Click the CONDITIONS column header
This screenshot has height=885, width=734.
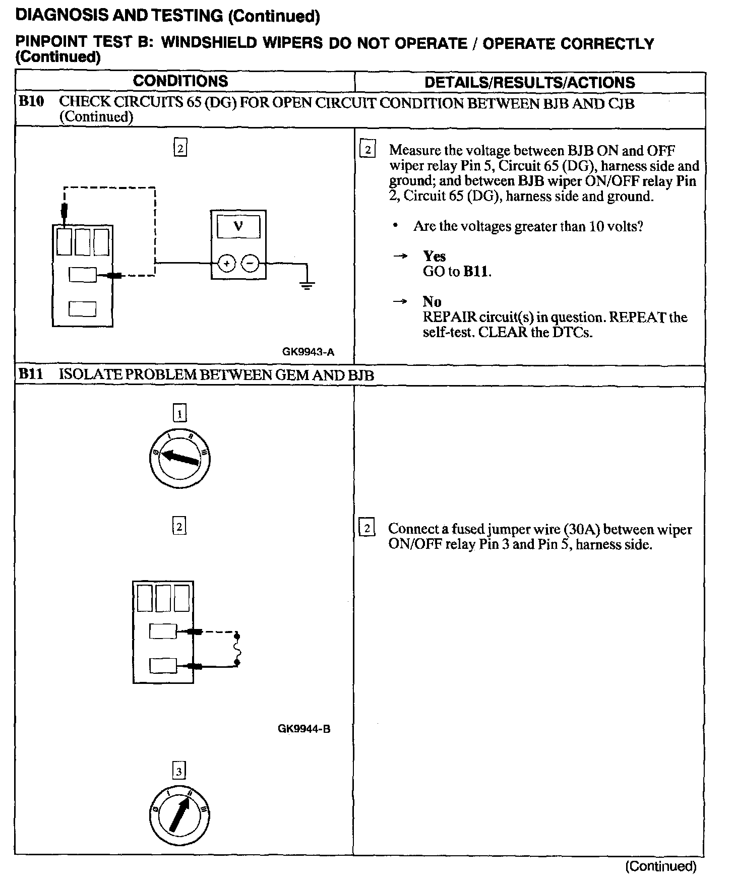[x=180, y=81]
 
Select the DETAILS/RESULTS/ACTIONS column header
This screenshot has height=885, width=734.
[x=529, y=82]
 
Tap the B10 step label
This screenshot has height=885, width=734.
[x=31, y=102]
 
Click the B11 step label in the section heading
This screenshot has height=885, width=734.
[x=31, y=374]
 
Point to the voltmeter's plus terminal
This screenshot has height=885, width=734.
[x=227, y=263]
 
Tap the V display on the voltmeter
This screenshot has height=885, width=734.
[x=238, y=226]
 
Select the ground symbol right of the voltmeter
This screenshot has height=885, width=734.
[x=307, y=285]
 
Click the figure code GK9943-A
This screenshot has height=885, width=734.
[x=308, y=352]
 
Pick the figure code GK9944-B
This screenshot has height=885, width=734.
[x=304, y=729]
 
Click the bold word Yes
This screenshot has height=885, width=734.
[x=434, y=256]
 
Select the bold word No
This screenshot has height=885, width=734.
[x=432, y=301]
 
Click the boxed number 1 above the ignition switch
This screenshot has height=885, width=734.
[x=180, y=414]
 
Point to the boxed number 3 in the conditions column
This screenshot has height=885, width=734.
[x=179, y=771]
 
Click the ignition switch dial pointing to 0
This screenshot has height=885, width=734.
[x=180, y=459]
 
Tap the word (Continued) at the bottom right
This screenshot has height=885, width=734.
[x=660, y=866]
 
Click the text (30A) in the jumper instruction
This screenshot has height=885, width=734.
[x=582, y=529]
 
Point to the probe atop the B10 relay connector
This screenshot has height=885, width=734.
[x=65, y=211]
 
